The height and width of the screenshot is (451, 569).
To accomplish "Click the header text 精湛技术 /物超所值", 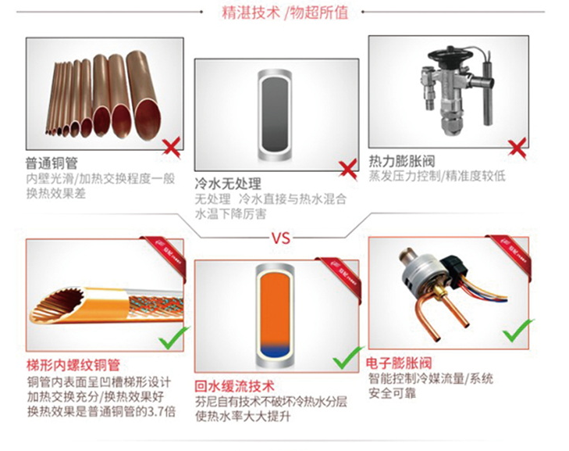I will click(x=285, y=13).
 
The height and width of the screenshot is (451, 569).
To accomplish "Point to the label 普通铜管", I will click(x=51, y=163).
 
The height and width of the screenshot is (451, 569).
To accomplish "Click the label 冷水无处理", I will click(x=227, y=184).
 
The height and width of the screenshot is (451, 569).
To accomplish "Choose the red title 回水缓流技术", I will click(x=235, y=386).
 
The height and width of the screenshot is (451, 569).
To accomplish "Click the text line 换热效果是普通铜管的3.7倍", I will click(x=90, y=413).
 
